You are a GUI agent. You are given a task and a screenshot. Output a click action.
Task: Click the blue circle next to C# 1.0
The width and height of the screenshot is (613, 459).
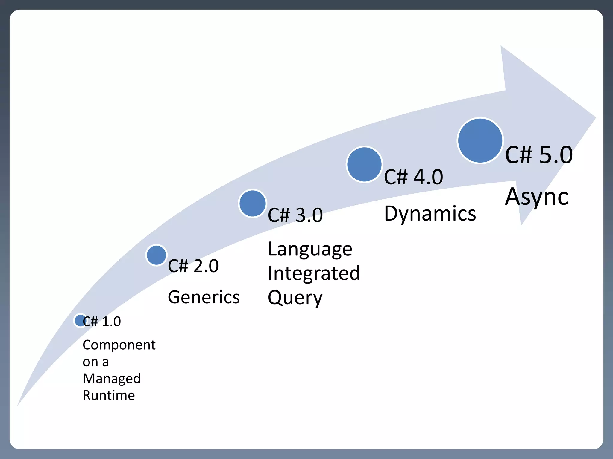click(80, 321)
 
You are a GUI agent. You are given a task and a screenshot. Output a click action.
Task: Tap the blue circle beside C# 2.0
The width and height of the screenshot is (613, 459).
click(156, 255)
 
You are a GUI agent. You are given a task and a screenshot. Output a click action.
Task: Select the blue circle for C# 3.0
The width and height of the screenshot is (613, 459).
click(253, 203)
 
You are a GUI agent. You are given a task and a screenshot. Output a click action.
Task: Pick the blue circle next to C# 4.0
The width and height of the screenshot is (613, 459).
click(364, 164)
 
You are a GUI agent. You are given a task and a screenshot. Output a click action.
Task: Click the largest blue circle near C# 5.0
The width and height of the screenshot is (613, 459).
click(480, 140)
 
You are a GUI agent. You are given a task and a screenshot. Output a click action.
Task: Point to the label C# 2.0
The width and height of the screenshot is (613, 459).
click(193, 266)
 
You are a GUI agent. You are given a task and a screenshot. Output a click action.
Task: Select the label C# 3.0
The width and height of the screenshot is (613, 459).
click(295, 215)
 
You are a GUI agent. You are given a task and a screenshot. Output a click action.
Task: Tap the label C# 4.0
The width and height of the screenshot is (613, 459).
click(413, 177)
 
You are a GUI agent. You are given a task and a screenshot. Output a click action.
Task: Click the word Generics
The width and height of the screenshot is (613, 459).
click(204, 297)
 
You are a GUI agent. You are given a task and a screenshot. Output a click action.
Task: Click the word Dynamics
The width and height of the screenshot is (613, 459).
click(430, 214)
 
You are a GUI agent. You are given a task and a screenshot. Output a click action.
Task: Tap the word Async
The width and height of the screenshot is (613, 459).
click(537, 197)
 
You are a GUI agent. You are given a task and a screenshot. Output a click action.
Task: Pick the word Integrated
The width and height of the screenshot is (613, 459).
click(314, 273)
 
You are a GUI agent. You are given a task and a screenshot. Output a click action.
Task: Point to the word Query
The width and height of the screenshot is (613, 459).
click(295, 298)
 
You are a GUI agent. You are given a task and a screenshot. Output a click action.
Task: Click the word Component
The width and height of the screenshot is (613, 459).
click(119, 345)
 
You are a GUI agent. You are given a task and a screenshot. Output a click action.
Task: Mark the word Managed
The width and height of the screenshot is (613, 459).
click(112, 379)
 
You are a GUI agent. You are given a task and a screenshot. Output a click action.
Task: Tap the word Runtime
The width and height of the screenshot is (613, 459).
click(109, 395)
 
